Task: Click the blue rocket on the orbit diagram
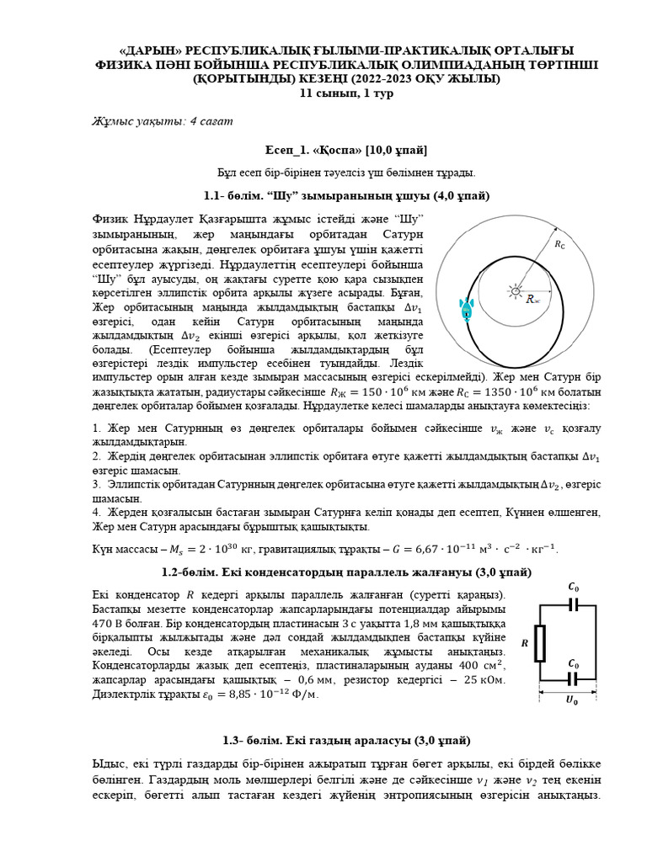pyautogui.click(x=465, y=311)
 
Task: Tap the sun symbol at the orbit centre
pyautogui.click(x=514, y=291)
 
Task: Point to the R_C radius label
pyautogui.click(x=560, y=244)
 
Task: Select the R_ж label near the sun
pyautogui.click(x=533, y=298)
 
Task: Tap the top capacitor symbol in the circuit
pyautogui.click(x=573, y=604)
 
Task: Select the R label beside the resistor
pyautogui.click(x=524, y=643)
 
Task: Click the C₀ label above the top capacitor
pyautogui.click(x=574, y=586)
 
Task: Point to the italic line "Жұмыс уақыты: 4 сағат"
pyautogui.click(x=162, y=121)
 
